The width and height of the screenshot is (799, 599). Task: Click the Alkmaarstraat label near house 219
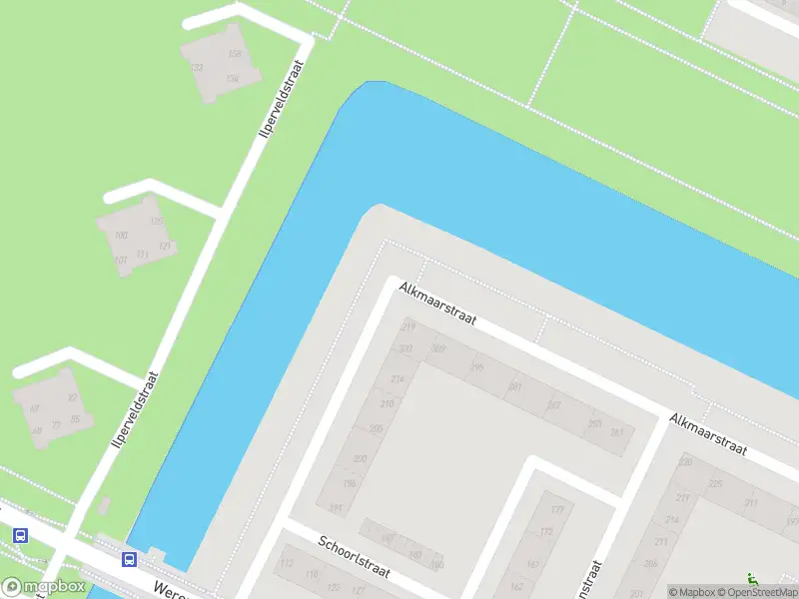click(x=437, y=303)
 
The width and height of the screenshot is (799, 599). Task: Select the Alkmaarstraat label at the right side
click(x=709, y=434)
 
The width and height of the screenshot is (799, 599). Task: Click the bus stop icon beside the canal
click(x=129, y=559)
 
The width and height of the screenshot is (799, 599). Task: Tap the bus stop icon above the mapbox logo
click(x=20, y=535)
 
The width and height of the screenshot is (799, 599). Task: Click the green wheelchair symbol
click(x=752, y=579)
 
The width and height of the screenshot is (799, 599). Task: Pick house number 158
click(x=235, y=54)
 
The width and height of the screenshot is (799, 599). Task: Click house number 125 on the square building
click(x=155, y=222)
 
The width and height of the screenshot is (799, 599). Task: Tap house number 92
click(x=72, y=397)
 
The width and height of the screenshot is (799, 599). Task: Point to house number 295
click(x=477, y=367)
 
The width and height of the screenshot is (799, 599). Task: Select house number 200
click(x=360, y=458)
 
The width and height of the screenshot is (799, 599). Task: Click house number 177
click(x=557, y=511)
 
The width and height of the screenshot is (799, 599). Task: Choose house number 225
click(x=715, y=483)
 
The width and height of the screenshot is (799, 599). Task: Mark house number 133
click(x=197, y=68)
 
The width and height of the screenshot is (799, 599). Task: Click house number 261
click(x=617, y=432)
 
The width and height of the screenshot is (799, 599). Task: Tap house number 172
click(x=545, y=532)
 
